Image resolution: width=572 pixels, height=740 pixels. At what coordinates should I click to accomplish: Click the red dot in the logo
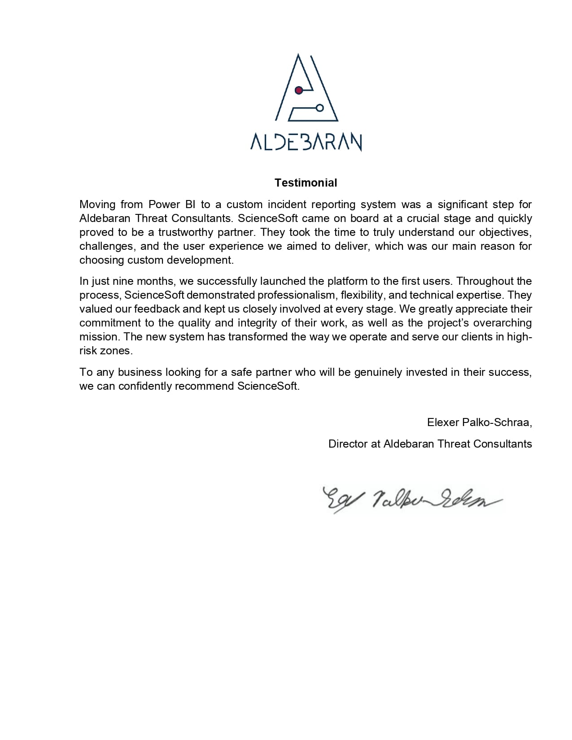click(x=299, y=91)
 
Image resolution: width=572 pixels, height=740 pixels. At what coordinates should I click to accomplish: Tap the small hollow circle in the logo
click(x=320, y=108)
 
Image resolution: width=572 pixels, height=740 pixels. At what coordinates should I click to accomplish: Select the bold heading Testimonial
click(x=306, y=183)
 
